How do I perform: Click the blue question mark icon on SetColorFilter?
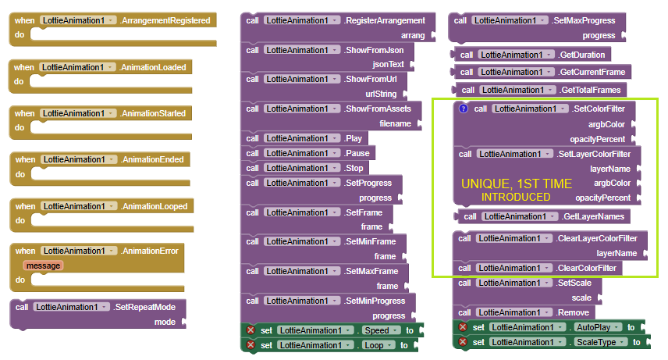click(x=463, y=109)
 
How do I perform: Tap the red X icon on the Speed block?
click(x=251, y=330)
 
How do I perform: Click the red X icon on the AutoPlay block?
click(x=463, y=327)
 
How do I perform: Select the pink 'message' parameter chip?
click(x=43, y=266)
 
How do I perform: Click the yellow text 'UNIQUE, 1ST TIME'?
click(x=517, y=184)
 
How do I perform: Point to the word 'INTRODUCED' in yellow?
click(x=516, y=197)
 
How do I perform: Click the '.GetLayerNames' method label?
click(x=593, y=216)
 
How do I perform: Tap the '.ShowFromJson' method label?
click(x=374, y=50)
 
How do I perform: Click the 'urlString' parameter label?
click(x=381, y=94)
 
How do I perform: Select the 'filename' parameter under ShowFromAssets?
click(x=396, y=123)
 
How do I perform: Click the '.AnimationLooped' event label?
click(x=154, y=206)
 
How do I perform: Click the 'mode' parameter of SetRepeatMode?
click(x=165, y=322)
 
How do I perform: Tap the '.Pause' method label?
click(x=357, y=153)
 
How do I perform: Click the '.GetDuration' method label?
click(x=581, y=55)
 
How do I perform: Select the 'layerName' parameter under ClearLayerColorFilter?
click(x=616, y=253)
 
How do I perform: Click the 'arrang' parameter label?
click(x=413, y=35)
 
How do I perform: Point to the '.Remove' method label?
click(x=572, y=312)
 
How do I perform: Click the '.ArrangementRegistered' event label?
click(x=165, y=20)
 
